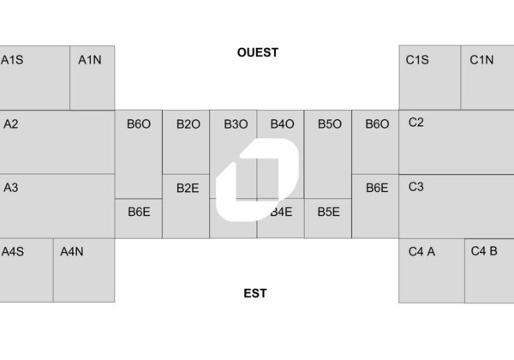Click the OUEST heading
(258, 52)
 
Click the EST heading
(255, 293)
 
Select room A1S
(12, 60)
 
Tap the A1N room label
(89, 60)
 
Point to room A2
(11, 123)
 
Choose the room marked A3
(11, 187)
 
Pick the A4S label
(13, 251)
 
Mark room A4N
(71, 251)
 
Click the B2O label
(188, 124)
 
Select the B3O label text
(236, 124)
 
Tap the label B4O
(282, 124)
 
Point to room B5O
(330, 124)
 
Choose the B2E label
(188, 189)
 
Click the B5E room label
(328, 211)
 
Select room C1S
(417, 60)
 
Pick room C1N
(481, 60)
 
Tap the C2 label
(416, 123)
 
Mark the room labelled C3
(416, 187)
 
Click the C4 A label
(422, 251)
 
